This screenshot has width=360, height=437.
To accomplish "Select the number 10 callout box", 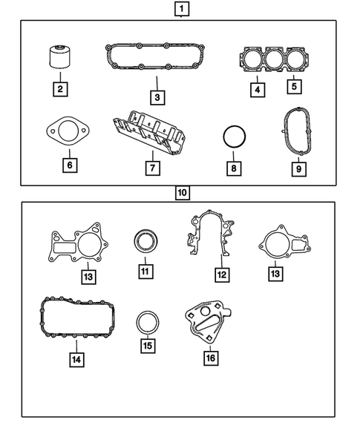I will point(182,193).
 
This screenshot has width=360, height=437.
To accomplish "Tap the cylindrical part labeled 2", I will point(60,56).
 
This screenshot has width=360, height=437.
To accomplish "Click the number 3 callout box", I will point(156,96).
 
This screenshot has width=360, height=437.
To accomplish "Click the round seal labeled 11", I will point(145,242).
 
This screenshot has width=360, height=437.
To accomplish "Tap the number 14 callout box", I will point(76,360).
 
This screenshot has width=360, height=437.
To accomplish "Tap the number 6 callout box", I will point(68,165).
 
